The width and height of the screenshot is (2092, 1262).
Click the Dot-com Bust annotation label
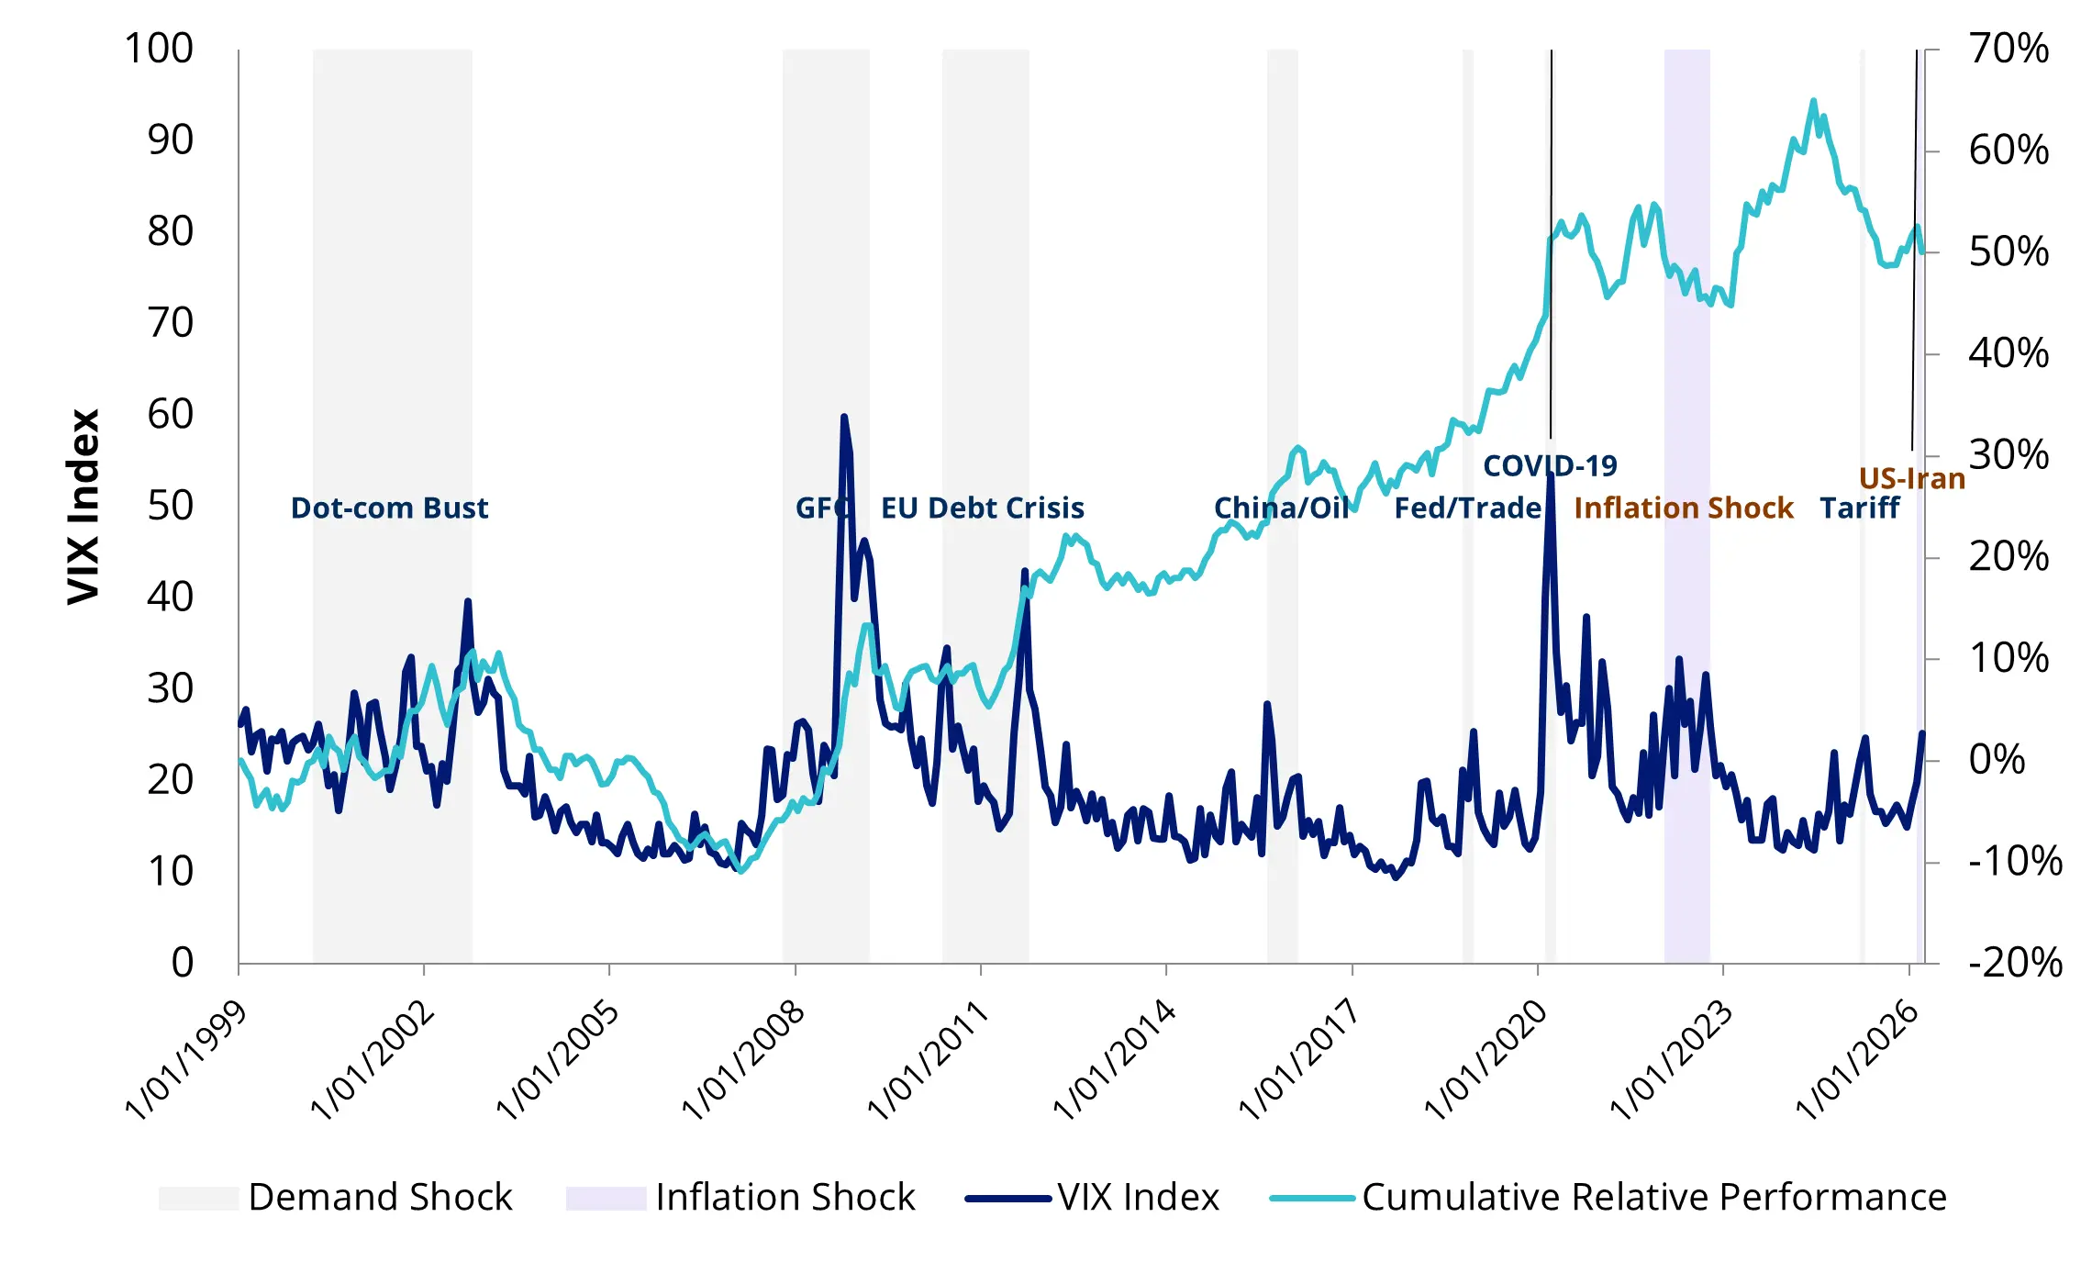coord(389,508)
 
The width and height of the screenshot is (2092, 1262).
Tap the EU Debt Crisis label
coord(982,508)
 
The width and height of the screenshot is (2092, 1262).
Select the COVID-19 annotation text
coord(1550,465)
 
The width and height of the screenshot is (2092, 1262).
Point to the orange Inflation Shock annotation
coord(1683,508)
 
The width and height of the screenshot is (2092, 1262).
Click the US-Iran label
coord(1911,478)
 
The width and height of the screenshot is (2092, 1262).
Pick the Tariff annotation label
coord(1859,508)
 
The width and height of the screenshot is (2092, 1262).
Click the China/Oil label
coord(1281,508)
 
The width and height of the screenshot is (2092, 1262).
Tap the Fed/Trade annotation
coord(1467,508)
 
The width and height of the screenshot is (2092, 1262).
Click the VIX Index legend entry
coord(1138,1197)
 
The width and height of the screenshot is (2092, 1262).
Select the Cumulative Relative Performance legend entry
coord(1653,1197)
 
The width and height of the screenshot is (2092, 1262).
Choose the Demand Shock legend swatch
coord(198,1198)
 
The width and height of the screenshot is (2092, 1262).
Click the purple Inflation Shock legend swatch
coord(606,1198)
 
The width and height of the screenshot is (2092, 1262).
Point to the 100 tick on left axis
coord(159,49)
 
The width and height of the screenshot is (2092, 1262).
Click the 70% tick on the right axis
coord(2009,49)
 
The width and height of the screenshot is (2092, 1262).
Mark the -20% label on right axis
coord(2015,962)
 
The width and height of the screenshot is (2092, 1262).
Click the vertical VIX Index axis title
coord(83,507)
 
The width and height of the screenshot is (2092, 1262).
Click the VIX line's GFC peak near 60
coord(844,418)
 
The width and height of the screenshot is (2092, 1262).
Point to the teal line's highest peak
coord(1813,101)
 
